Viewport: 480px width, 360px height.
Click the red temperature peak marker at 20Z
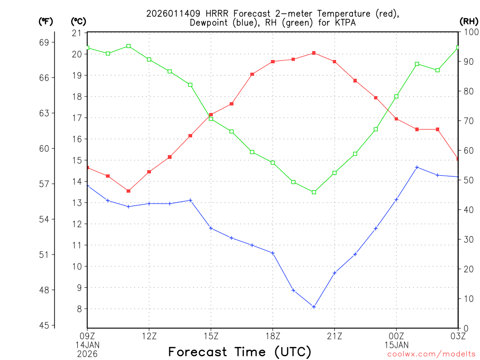(x=314, y=53)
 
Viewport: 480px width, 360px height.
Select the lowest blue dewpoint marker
(x=314, y=307)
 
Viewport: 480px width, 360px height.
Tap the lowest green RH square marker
(x=314, y=192)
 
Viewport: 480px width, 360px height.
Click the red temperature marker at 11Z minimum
(x=128, y=191)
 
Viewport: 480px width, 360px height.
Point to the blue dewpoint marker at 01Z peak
(x=417, y=167)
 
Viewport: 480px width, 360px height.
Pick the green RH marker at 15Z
(x=211, y=119)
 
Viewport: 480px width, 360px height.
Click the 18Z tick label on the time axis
(x=273, y=336)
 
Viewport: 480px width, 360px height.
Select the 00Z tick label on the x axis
(x=396, y=336)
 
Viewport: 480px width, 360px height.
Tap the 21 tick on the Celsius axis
(x=76, y=33)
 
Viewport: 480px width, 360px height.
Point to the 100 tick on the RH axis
(x=471, y=32)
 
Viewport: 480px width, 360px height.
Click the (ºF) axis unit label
(x=45, y=21)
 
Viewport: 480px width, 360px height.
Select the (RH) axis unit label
(x=469, y=21)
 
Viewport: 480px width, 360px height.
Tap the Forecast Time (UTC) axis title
(x=240, y=352)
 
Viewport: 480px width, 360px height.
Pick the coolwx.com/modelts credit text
(x=432, y=354)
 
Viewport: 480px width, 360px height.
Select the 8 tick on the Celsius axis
(x=79, y=309)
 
